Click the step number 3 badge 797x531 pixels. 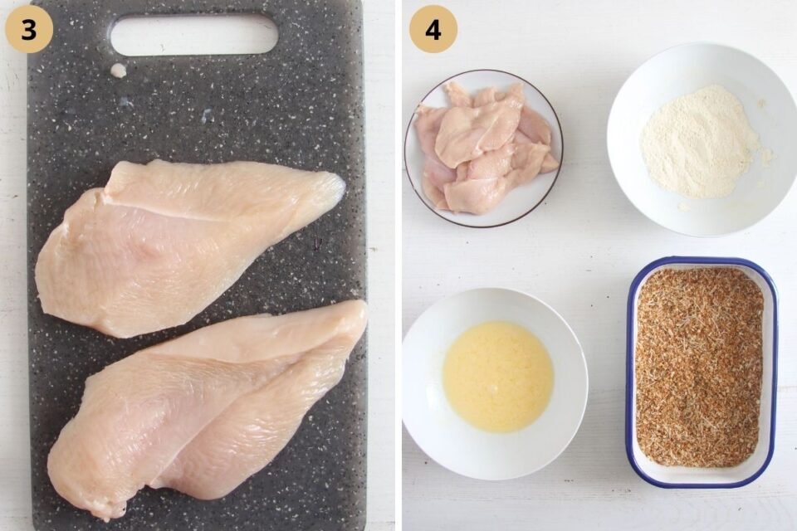tap(29, 28)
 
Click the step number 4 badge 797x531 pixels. tap(433, 29)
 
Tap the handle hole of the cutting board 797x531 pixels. tap(194, 35)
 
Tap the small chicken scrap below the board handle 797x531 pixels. tap(119, 71)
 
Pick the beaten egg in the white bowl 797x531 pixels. tap(497, 377)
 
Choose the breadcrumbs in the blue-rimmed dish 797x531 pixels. tap(699, 367)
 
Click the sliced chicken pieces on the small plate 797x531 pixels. tap(486, 148)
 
